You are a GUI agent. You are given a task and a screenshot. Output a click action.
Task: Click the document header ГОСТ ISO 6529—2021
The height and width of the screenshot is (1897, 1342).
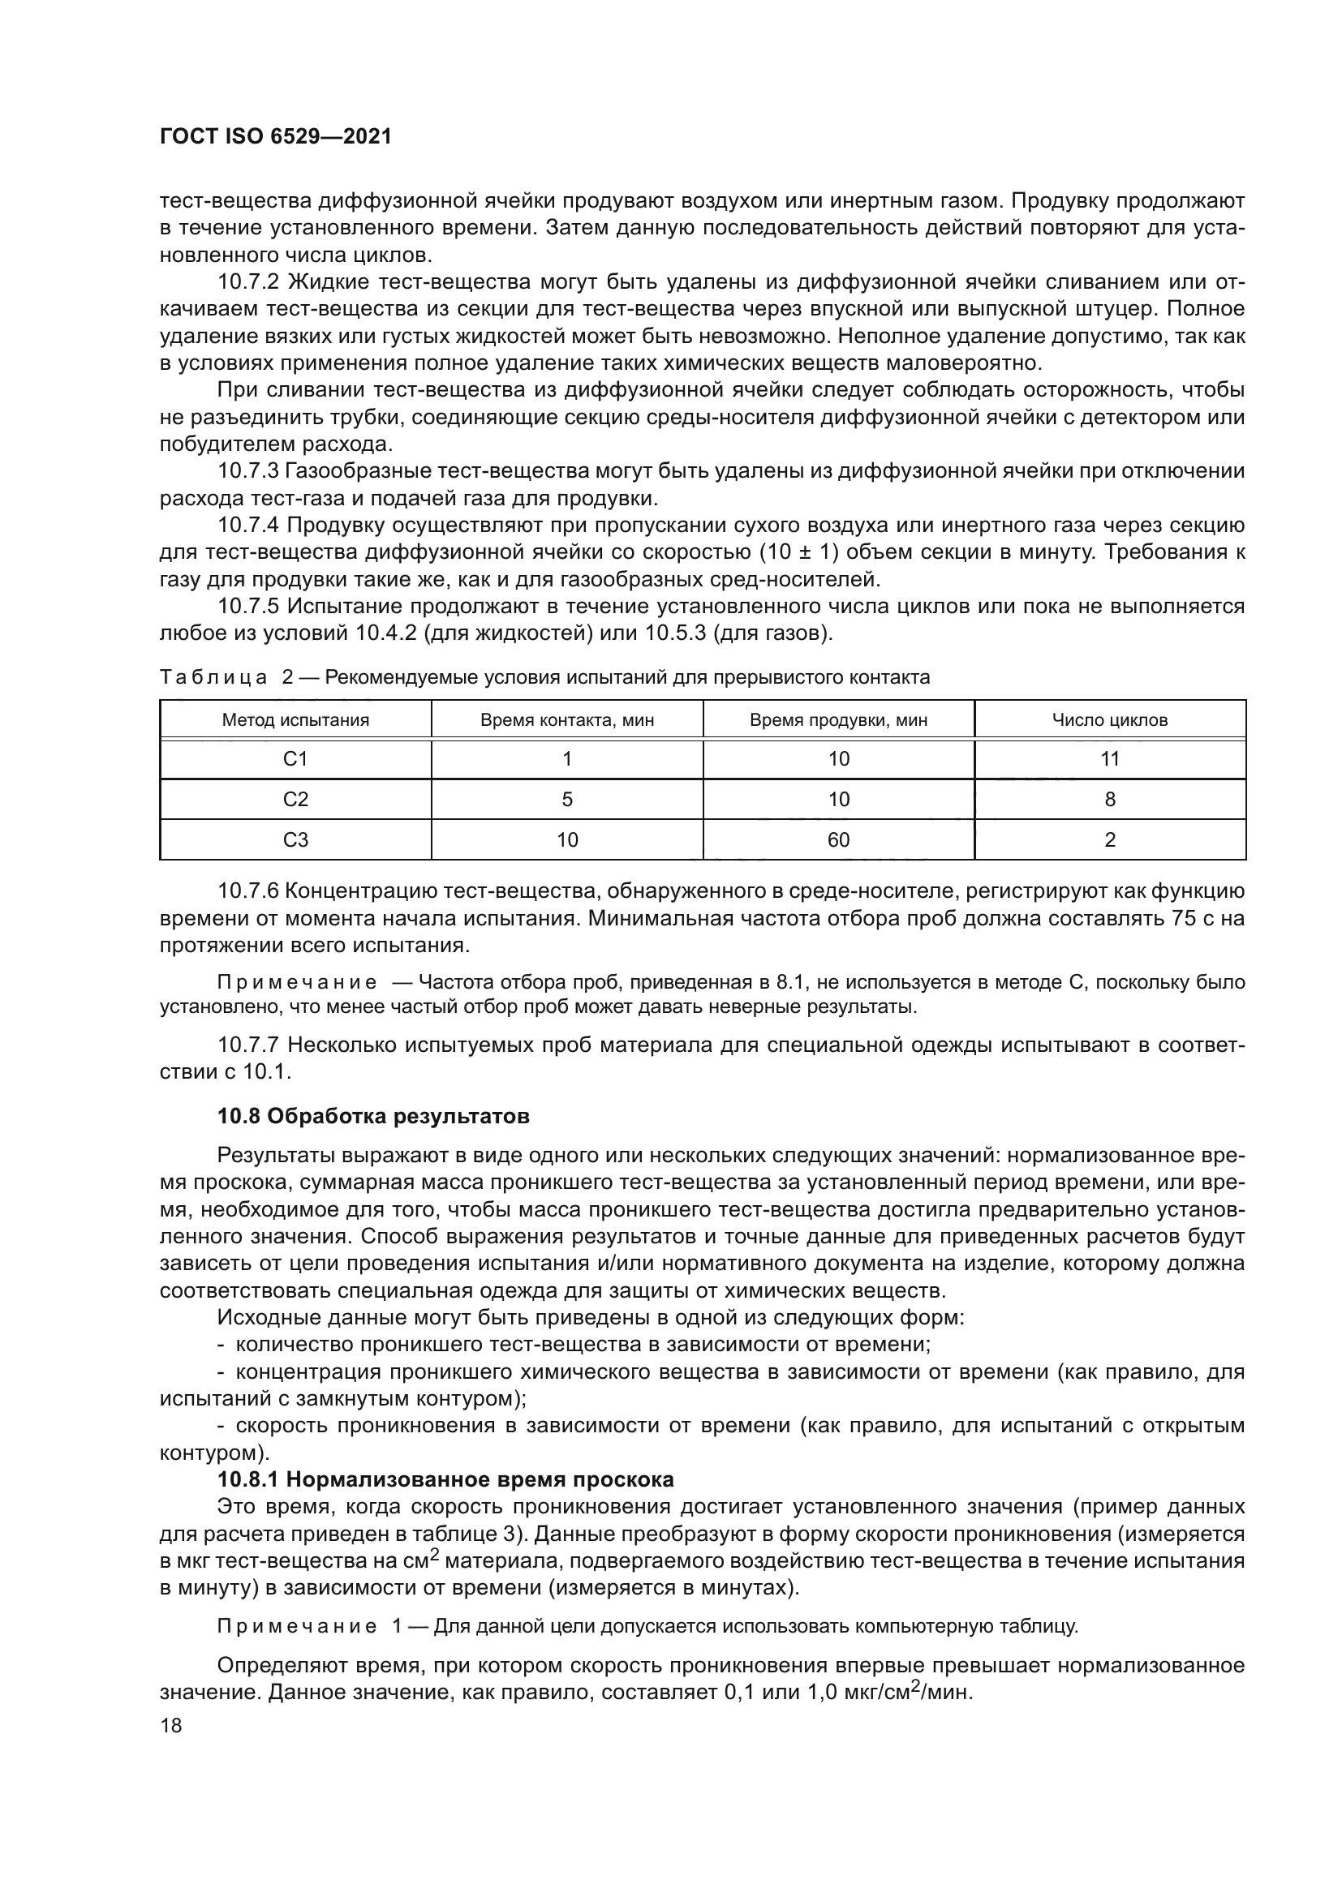click(275, 137)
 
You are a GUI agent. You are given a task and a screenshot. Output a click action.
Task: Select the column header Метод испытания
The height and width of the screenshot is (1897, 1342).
click(295, 719)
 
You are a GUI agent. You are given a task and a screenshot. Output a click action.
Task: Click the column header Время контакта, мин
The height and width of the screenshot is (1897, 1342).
click(567, 719)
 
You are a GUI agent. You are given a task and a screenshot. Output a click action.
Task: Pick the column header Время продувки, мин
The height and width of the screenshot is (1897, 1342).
click(838, 719)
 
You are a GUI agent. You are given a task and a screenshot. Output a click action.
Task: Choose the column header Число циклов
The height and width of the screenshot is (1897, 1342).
click(1110, 719)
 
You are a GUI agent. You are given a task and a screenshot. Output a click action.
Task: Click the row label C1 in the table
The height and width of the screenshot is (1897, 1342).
click(295, 759)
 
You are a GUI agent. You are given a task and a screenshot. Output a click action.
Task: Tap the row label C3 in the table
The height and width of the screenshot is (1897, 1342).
click(295, 840)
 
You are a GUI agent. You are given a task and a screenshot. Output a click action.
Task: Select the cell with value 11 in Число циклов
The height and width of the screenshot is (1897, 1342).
click(1110, 759)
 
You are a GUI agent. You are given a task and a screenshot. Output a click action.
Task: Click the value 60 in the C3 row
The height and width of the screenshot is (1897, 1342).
click(838, 840)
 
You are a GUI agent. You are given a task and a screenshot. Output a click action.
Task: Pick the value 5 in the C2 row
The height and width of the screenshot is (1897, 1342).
click(567, 800)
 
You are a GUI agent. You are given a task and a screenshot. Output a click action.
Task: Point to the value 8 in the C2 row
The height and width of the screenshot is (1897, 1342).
click(1110, 800)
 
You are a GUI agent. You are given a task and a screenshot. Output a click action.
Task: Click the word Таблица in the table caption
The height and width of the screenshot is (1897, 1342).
click(213, 678)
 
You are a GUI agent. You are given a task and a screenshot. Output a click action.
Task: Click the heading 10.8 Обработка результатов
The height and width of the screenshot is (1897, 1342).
click(372, 1117)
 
